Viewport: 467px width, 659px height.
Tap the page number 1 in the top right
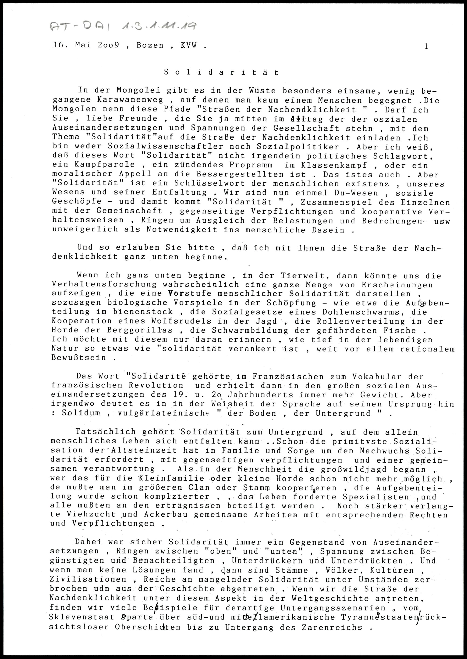click(x=426, y=46)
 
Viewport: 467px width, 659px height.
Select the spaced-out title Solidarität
click(x=221, y=72)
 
